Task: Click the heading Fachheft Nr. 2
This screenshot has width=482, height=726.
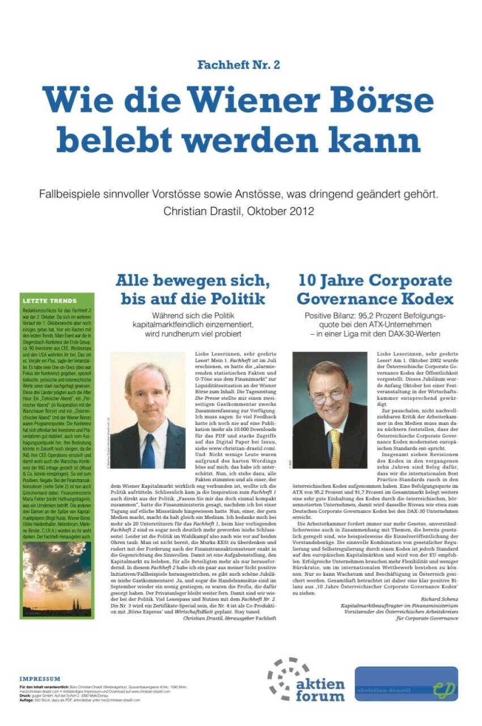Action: (239, 65)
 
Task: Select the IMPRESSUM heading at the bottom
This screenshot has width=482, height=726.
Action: (40, 678)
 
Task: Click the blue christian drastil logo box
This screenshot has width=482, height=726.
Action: (406, 684)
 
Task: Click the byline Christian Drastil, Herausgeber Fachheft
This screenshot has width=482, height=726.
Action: (230, 618)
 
